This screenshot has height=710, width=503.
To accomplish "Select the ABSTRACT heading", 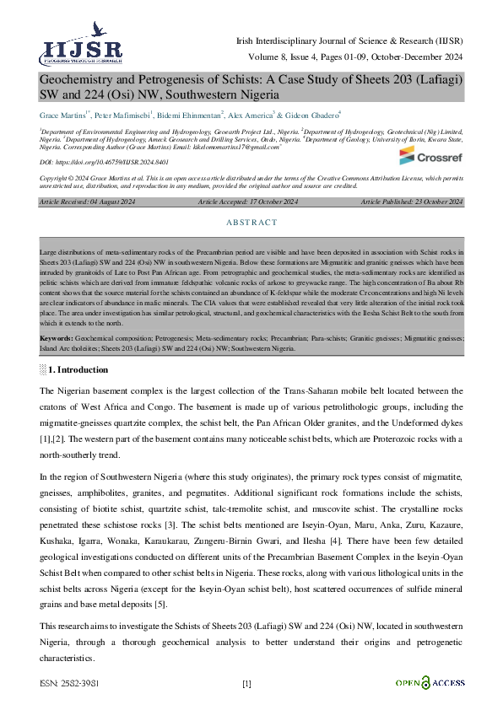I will point(251,223).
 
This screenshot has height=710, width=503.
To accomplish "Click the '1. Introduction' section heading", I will point(78,369).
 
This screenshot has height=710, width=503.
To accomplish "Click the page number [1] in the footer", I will point(246,683).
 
